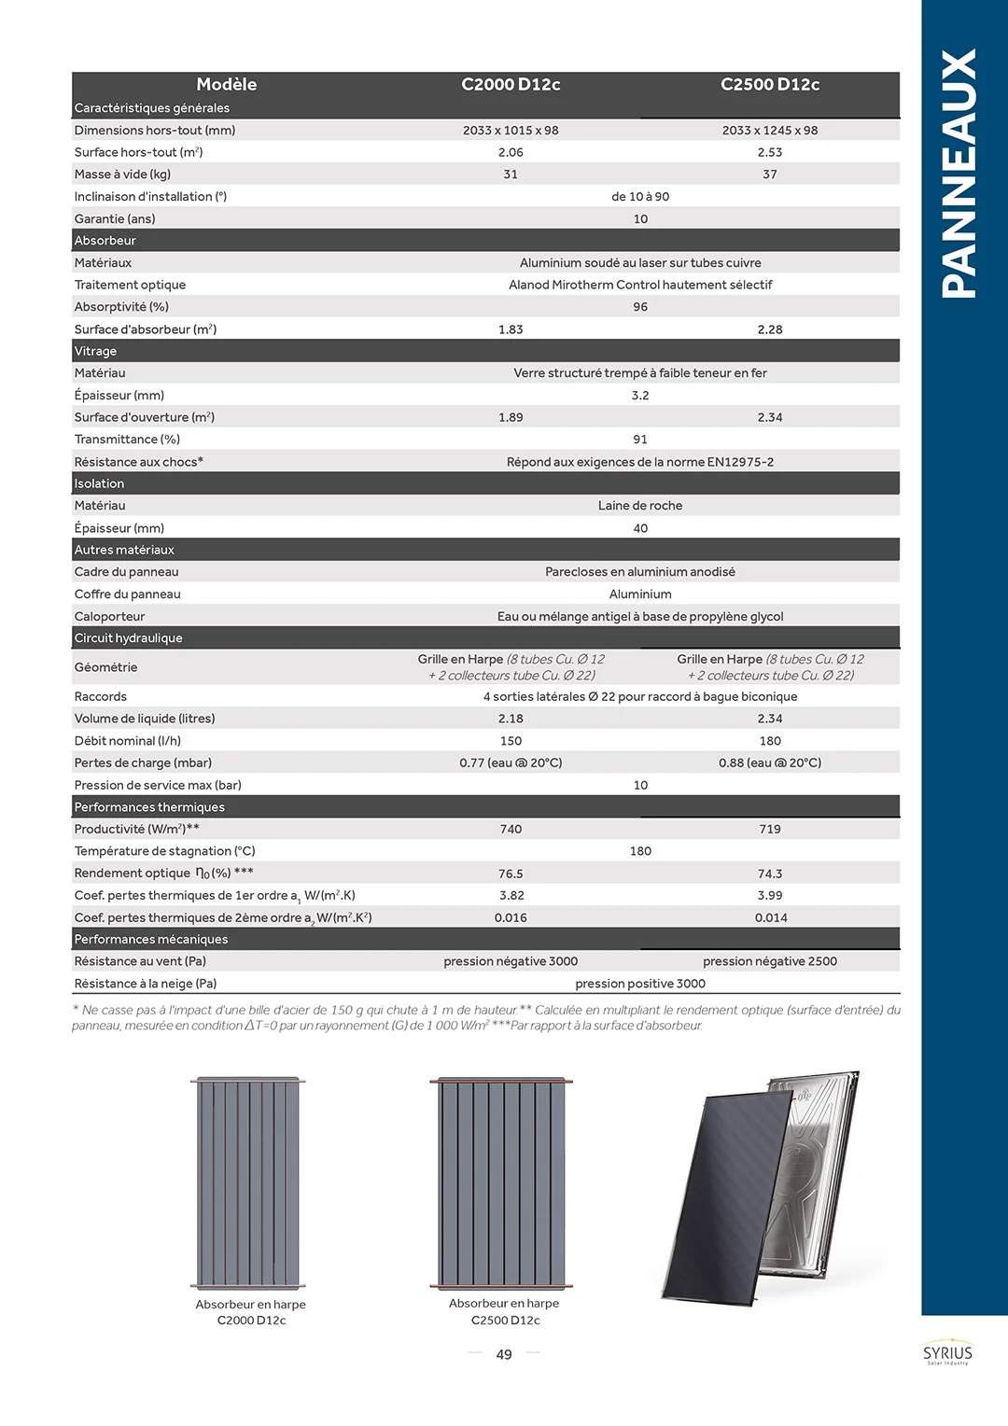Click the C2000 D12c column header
point(511,84)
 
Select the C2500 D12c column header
point(770,84)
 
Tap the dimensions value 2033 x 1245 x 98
point(770,131)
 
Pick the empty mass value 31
point(511,175)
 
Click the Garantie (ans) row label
point(115,218)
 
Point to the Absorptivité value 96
point(640,307)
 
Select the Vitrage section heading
point(96,351)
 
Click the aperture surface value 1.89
point(511,417)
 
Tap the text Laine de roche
point(640,506)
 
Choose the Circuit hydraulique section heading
point(129,638)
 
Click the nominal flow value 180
point(770,741)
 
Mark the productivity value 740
point(511,829)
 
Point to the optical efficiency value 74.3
point(770,874)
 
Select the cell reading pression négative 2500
point(770,961)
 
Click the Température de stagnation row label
point(165,851)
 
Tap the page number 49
point(504,1354)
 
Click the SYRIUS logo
point(947,1354)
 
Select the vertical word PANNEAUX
point(959,174)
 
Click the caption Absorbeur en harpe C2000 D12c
point(251,1312)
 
